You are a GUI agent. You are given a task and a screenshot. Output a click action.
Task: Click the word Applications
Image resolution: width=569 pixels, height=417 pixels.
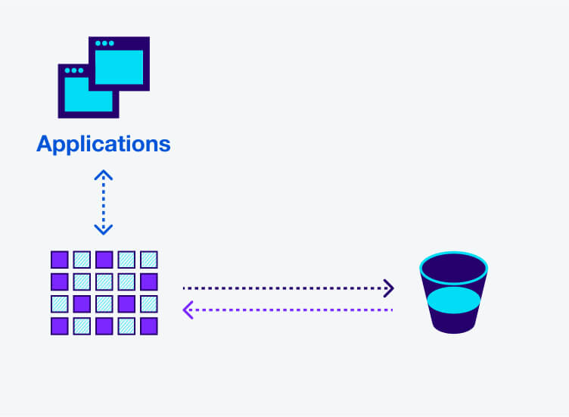tap(104, 143)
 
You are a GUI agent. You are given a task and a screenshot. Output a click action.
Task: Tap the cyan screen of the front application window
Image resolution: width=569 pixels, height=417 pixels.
tap(85, 95)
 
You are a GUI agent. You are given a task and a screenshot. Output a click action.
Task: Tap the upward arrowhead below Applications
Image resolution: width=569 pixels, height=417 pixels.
tap(103, 175)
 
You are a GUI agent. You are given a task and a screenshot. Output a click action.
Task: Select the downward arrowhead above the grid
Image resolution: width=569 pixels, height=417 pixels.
tap(103, 229)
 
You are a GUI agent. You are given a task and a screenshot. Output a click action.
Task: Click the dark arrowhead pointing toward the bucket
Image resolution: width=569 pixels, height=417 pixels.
tap(389, 288)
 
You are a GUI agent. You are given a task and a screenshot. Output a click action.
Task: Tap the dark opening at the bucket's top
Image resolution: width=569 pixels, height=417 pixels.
tap(453, 267)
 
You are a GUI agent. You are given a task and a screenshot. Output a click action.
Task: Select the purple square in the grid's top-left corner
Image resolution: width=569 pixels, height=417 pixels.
tap(59, 260)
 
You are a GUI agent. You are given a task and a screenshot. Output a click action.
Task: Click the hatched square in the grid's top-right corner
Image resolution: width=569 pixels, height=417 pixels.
tap(149, 260)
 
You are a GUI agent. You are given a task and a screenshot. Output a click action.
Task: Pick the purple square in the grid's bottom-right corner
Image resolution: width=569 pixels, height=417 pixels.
tap(149, 326)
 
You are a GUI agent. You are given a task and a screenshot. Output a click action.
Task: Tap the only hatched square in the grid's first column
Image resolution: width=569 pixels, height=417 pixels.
tap(59, 304)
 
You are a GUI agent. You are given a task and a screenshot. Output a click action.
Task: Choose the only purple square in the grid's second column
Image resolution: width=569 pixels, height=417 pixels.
tap(82, 304)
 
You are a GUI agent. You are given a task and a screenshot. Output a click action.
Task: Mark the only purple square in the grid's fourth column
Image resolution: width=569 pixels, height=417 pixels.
tap(126, 304)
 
